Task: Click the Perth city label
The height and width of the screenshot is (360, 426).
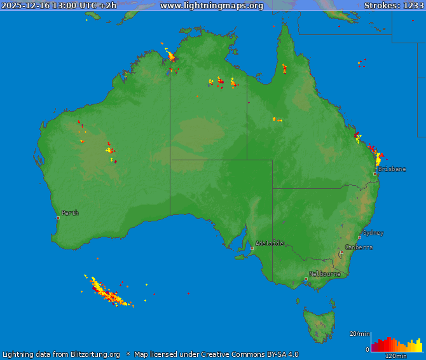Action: click(x=70, y=213)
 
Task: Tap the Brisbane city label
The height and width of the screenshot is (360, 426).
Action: click(x=392, y=169)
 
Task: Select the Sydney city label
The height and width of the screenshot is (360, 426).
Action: click(x=373, y=233)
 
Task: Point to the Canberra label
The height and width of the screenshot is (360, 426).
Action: click(x=359, y=247)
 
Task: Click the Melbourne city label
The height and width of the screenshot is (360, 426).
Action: click(x=324, y=274)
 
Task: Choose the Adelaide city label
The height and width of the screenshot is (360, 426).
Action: click(x=270, y=243)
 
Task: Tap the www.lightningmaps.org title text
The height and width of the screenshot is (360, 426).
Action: click(x=212, y=5)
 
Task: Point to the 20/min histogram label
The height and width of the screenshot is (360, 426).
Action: click(x=359, y=333)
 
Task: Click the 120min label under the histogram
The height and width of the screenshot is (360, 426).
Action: click(x=395, y=356)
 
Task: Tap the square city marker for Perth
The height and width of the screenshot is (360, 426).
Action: click(x=58, y=218)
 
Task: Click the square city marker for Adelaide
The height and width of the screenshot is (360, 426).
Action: click(x=252, y=248)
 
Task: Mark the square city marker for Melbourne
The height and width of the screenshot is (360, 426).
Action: click(x=306, y=279)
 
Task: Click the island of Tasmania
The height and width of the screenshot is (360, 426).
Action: click(x=319, y=321)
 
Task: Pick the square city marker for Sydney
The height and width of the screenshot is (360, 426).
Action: click(x=359, y=237)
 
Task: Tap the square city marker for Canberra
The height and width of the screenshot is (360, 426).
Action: click(x=341, y=252)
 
